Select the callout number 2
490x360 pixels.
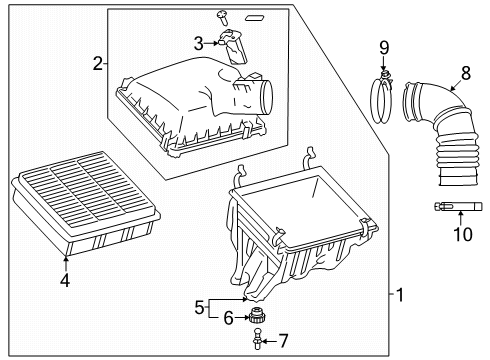pos(98,64)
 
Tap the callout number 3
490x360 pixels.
pos(198,42)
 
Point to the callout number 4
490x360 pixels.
pos(66,281)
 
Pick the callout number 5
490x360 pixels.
pos(198,308)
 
